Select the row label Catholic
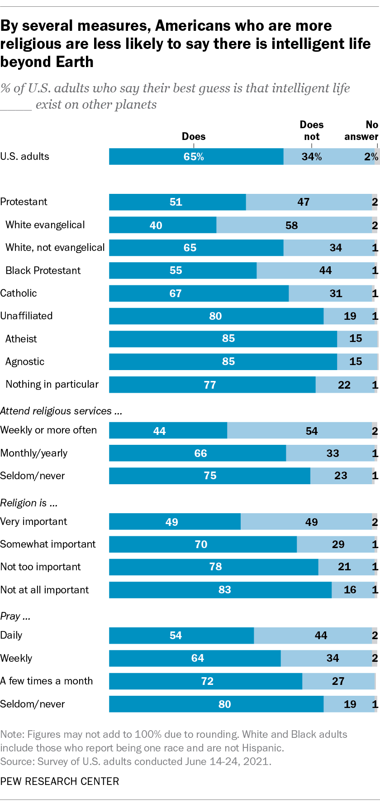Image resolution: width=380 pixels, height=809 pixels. click(19, 293)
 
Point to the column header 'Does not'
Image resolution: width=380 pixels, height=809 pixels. click(312, 130)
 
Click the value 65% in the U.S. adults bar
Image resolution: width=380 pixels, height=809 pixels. click(194, 157)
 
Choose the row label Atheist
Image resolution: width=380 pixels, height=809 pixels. click(21, 339)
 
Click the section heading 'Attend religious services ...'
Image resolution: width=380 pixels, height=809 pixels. click(61, 411)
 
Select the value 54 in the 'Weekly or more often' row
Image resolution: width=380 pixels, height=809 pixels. click(312, 431)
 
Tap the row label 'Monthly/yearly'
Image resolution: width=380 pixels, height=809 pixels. click(34, 453)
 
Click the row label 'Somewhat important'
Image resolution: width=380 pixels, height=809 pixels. click(48, 544)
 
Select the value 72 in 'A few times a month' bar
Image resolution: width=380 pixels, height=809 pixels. click(207, 681)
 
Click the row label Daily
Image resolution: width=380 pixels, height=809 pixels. click(11, 635)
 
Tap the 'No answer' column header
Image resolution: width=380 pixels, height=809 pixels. click(361, 130)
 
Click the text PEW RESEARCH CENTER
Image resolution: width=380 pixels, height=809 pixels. click(60, 781)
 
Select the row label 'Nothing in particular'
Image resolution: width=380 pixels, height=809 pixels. click(52, 384)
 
